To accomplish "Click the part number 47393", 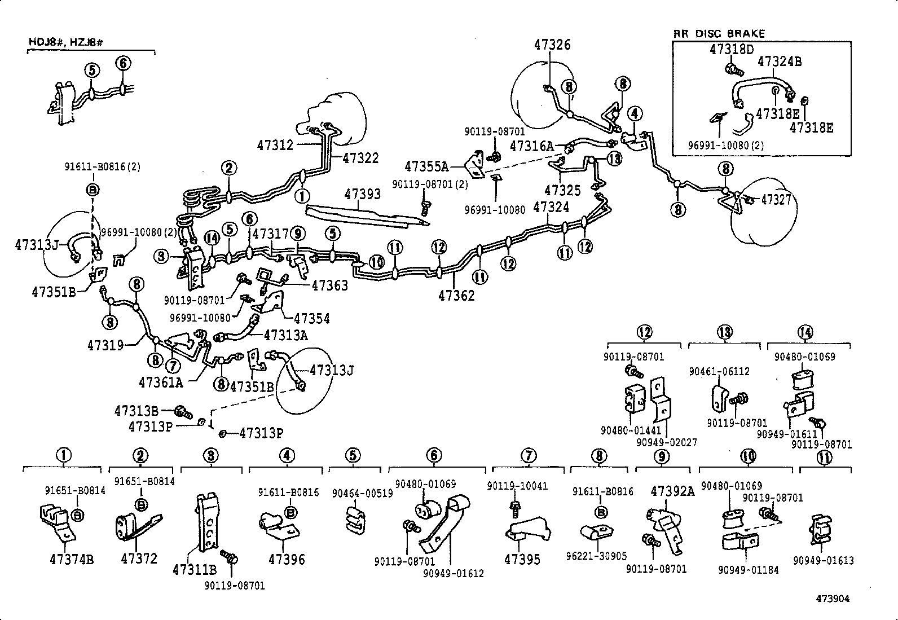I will coord(362,194).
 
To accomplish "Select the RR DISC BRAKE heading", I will coord(719,34).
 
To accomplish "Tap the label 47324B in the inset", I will coord(779,61).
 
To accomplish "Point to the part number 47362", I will coord(456,294).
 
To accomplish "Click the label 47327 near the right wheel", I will coord(777,199).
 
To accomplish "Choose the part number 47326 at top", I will coord(552,45).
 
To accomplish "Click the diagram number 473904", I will coord(831,599).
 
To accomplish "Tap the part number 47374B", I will coord(71,560).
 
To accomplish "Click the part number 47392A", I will coord(672,491).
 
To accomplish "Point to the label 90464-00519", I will coord(362,493).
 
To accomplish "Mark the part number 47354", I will coord(311,319).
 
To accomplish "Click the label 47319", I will coord(105,345).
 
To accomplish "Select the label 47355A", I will coord(426,166).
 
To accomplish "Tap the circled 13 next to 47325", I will coord(614,159).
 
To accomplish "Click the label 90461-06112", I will coord(719,371).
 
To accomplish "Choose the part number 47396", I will coord(287,560).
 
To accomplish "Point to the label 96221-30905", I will coord(596,556).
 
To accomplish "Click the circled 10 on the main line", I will coord(376,262).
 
